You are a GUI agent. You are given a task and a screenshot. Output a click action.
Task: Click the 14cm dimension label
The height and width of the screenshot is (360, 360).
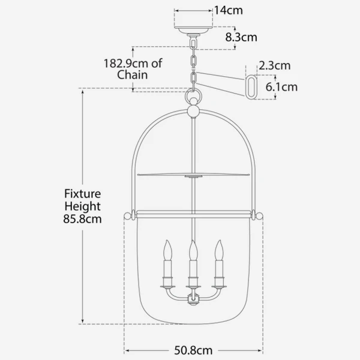tap(225, 11)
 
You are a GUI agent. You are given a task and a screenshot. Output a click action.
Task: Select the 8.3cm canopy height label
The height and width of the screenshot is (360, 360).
tap(241, 37)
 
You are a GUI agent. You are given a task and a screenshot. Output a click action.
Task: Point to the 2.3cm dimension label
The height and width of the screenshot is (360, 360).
tap(275, 65)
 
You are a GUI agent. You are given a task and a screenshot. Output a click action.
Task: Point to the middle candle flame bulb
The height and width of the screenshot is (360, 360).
tap(193, 247)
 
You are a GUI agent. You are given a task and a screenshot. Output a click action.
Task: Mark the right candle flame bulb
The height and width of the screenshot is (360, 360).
tap(219, 247)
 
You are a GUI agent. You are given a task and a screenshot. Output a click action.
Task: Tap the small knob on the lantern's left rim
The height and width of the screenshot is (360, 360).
tap(127, 214)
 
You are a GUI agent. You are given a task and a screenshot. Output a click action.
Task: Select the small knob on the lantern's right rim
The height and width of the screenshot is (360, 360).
tap(259, 214)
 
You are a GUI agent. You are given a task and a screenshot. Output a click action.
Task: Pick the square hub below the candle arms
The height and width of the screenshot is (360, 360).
tap(193, 298)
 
